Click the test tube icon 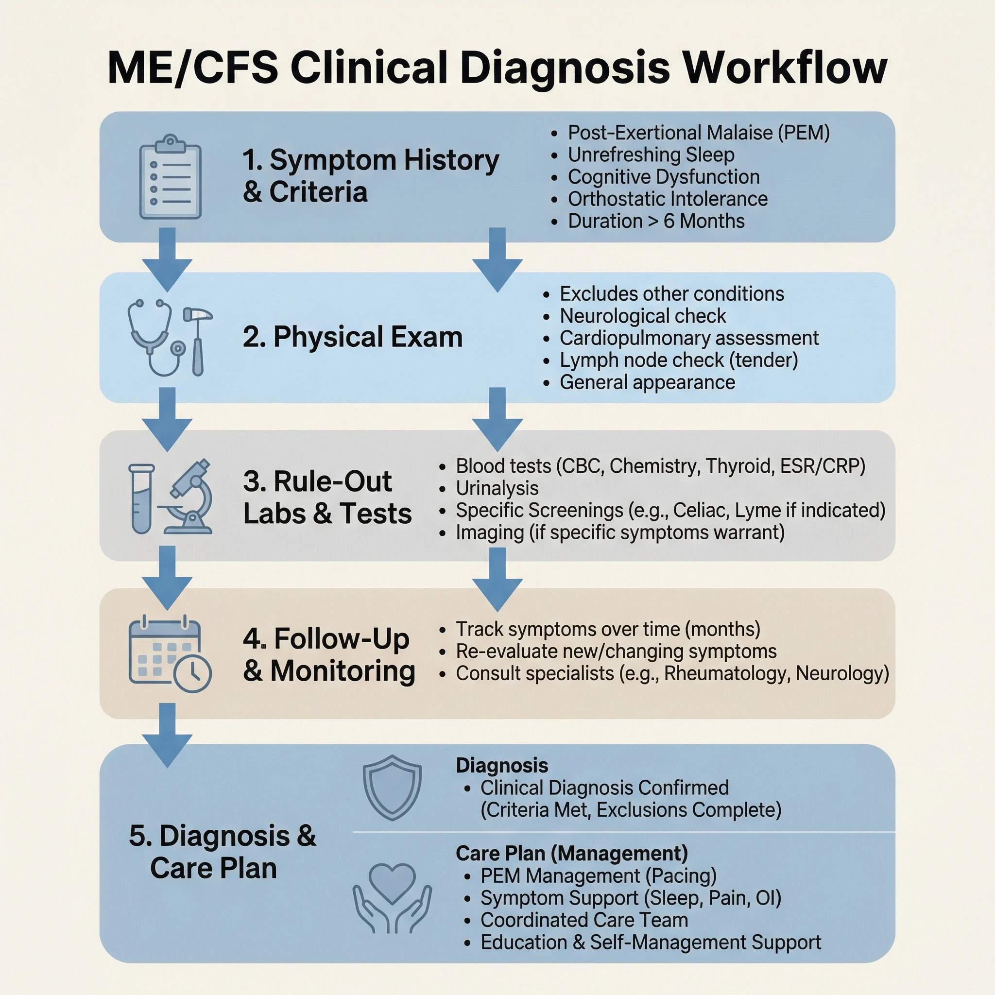(x=141, y=498)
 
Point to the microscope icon (x=189, y=497)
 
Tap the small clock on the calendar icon (x=192, y=672)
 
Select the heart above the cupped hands (x=392, y=883)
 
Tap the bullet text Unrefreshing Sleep (x=651, y=154)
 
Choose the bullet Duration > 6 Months (x=655, y=221)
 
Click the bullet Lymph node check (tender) (x=678, y=360)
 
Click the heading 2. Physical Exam (x=352, y=337)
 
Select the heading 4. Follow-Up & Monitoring (x=328, y=654)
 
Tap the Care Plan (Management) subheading (x=572, y=853)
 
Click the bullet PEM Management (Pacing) (x=598, y=875)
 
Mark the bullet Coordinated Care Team (x=584, y=920)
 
